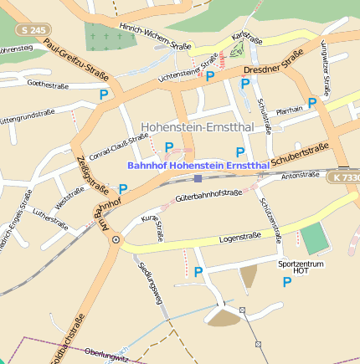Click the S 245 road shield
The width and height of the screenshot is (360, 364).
pyautogui.click(x=33, y=30)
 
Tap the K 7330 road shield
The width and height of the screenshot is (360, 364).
pyautogui.click(x=343, y=177)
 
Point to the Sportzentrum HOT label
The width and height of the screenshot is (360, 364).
pyautogui.click(x=299, y=267)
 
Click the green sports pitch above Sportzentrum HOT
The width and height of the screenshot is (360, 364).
pyautogui.click(x=314, y=239)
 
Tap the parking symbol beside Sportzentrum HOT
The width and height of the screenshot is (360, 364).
pyautogui.click(x=287, y=283)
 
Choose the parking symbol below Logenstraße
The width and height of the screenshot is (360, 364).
pyautogui.click(x=198, y=272)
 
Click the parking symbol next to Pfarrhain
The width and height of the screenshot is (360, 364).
pyautogui.click(x=311, y=103)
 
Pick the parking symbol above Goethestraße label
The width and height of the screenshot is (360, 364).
pyautogui.click(x=104, y=95)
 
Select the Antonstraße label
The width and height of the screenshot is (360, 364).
pyautogui.click(x=301, y=176)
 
